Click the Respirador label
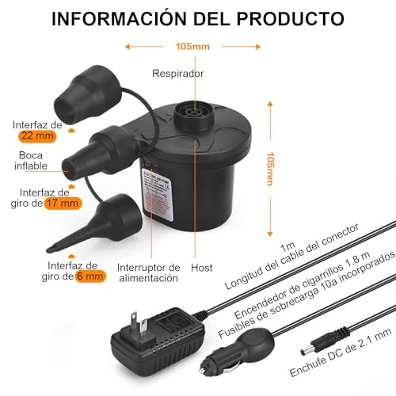click(178, 74)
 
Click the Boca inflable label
click(32, 161)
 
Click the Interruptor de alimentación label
click(149, 273)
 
